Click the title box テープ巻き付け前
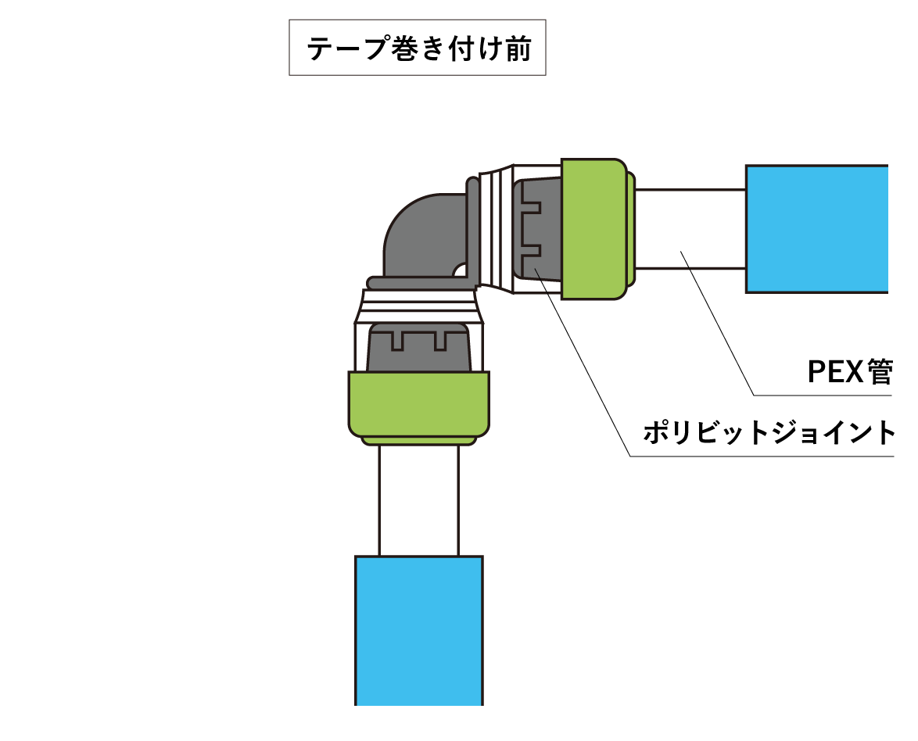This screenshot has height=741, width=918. tap(417, 48)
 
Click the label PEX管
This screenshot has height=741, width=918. tap(849, 373)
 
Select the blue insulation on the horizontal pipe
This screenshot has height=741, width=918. tap(816, 229)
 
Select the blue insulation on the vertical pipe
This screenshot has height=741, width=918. tap(418, 629)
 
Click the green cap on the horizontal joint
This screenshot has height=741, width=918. tap(593, 228)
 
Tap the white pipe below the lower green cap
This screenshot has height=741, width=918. tap(418, 500)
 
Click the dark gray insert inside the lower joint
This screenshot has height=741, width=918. tap(418, 348)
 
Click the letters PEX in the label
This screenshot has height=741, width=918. tap(836, 373)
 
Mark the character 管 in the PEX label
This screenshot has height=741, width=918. tap(880, 373)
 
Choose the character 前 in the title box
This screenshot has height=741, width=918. tap(517, 50)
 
